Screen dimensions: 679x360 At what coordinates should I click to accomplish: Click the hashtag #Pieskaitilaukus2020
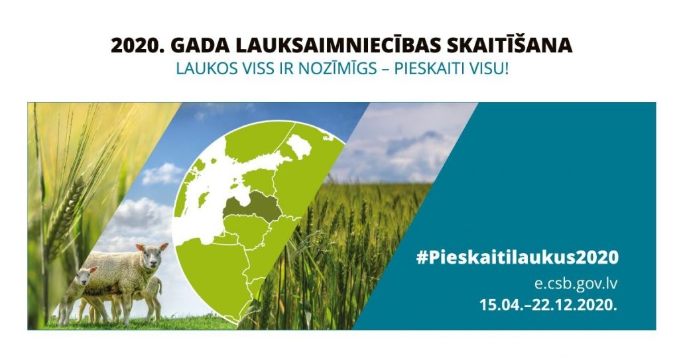(517, 258)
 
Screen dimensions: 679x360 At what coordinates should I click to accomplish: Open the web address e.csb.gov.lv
(576, 284)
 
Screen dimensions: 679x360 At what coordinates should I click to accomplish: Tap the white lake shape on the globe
(299, 147)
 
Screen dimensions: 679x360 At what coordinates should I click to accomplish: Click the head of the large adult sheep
(152, 256)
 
